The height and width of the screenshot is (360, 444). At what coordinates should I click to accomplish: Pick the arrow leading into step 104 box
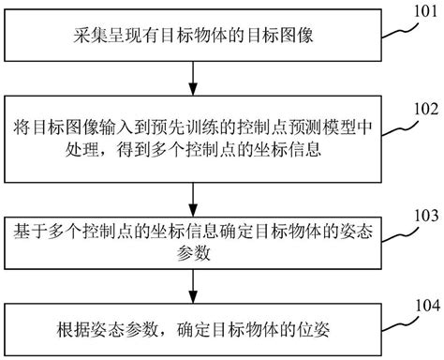point(193,283)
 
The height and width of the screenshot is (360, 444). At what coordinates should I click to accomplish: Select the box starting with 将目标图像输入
point(193,141)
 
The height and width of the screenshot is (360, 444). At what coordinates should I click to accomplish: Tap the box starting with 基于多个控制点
point(193,241)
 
